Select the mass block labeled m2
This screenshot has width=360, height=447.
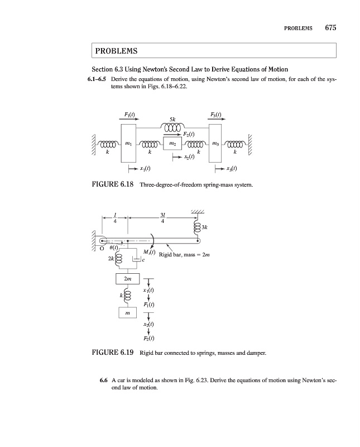(171, 145)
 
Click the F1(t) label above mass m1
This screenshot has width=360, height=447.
(131, 115)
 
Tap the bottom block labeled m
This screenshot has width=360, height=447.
(128, 315)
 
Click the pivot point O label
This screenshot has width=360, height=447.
(102, 250)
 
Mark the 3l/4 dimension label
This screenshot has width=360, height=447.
(162, 218)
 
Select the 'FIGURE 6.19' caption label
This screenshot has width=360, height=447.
(112, 353)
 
